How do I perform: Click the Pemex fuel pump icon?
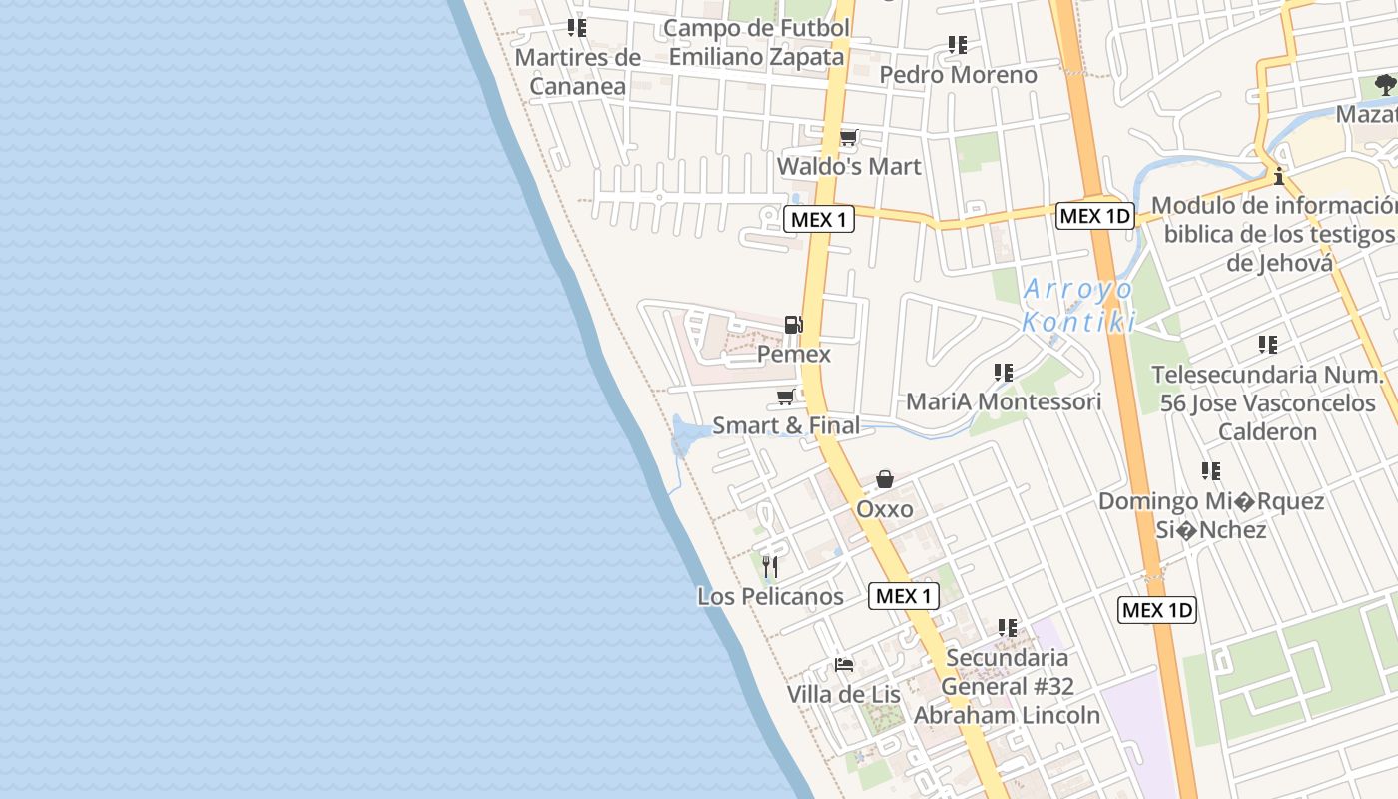point(793,324)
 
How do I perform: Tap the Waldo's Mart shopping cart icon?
point(848,137)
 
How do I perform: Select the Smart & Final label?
point(785,426)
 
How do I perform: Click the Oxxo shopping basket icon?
point(885,480)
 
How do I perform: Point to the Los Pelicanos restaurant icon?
point(769,567)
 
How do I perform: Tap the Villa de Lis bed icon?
point(844,665)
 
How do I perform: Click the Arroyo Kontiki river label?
point(1078,306)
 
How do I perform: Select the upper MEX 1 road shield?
point(819,219)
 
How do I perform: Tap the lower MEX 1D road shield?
point(1157,609)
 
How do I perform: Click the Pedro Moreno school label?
point(958,75)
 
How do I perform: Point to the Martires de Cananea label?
point(578,72)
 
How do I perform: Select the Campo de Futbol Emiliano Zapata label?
point(756,43)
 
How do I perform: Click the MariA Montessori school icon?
point(1004,373)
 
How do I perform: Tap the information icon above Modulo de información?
point(1278,177)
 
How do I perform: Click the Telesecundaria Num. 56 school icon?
point(1268,345)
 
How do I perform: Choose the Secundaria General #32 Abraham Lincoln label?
point(1007,687)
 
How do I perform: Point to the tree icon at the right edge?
point(1385,85)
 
